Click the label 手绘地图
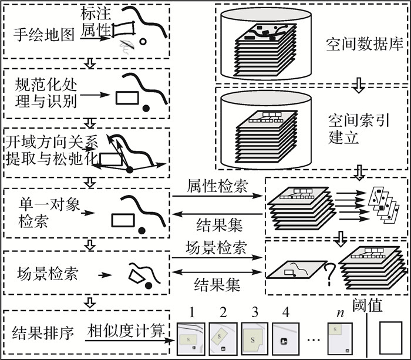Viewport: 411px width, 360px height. (43, 34)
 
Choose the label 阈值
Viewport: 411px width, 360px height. (368, 306)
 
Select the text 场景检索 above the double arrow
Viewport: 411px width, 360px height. (217, 248)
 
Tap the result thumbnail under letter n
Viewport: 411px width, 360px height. (340, 339)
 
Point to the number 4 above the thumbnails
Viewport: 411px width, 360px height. (285, 312)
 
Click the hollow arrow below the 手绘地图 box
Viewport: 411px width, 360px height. (89, 63)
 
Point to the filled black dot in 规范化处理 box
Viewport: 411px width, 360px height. (146, 108)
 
